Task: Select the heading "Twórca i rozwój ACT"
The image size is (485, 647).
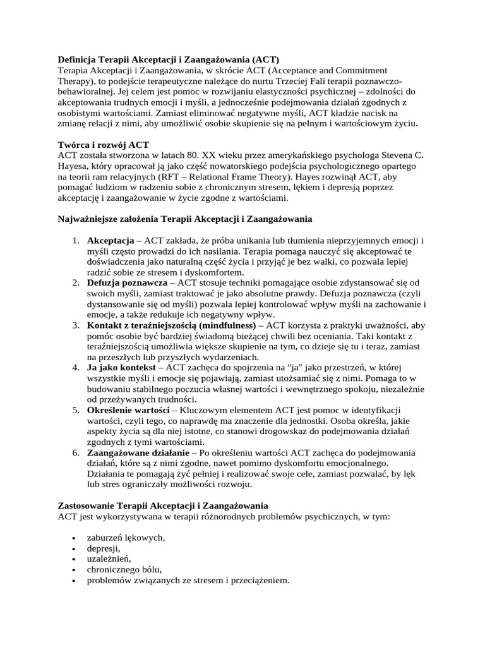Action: (x=104, y=145)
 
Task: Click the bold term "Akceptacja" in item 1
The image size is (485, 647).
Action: (x=110, y=241)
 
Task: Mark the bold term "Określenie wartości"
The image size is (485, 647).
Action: (x=124, y=410)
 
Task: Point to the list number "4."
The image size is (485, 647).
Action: (x=75, y=367)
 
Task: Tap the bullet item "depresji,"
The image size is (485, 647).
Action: (x=103, y=548)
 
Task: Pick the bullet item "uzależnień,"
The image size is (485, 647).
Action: (x=109, y=559)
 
